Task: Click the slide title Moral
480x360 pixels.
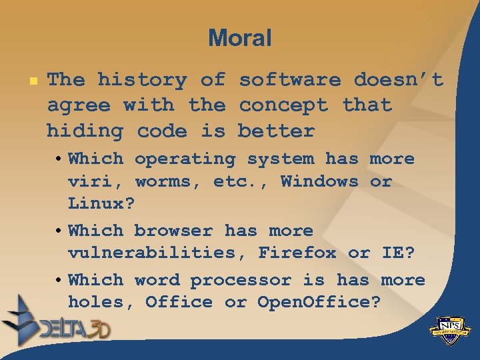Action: tap(239, 38)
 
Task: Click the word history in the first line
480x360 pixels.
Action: tap(142, 80)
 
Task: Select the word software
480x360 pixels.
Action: tap(289, 80)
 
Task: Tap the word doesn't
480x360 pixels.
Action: tap(398, 80)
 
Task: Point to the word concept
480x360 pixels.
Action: tap(283, 105)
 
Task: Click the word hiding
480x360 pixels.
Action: tap(85, 131)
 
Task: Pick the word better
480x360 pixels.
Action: tap(276, 131)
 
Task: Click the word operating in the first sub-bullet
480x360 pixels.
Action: tap(185, 159)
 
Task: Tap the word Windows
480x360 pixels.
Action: tap(319, 181)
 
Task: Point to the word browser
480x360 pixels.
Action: tap(173, 231)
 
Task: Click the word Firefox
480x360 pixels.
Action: tap(297, 253)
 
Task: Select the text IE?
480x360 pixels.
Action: tap(397, 253)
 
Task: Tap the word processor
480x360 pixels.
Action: tap(241, 280)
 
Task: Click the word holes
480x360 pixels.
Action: tap(95, 303)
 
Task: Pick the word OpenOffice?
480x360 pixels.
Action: tap(319, 303)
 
